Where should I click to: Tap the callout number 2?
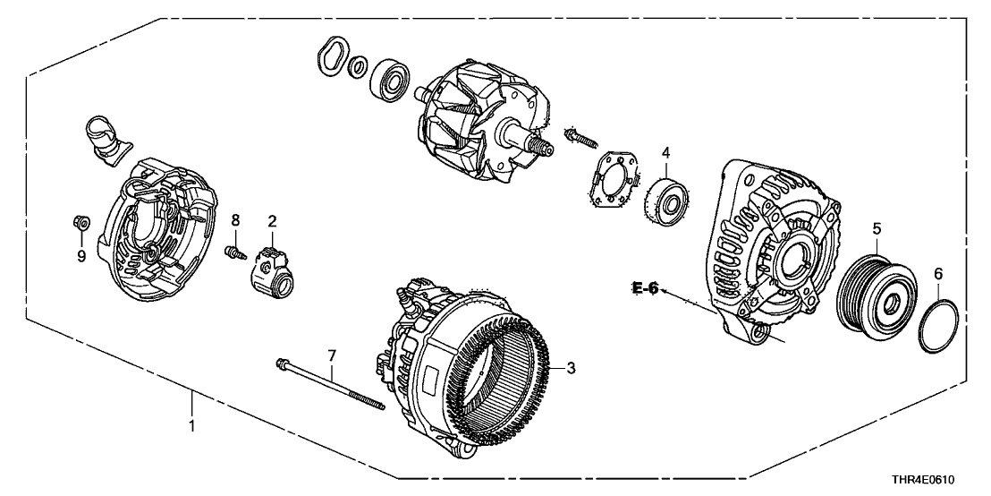click(x=273, y=221)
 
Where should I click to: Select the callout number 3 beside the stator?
click(x=571, y=368)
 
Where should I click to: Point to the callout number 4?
click(x=665, y=152)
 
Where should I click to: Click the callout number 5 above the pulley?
click(x=877, y=228)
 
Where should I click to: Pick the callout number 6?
click(x=938, y=274)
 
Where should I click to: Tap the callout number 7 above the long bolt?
click(x=332, y=357)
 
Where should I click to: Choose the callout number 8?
click(x=236, y=220)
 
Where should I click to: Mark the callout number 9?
click(x=81, y=256)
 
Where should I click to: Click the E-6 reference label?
click(x=645, y=288)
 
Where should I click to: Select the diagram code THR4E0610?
click(x=923, y=480)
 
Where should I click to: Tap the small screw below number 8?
click(x=234, y=252)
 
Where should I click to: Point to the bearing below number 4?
click(x=667, y=196)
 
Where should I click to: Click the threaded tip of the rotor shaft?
click(x=544, y=147)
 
